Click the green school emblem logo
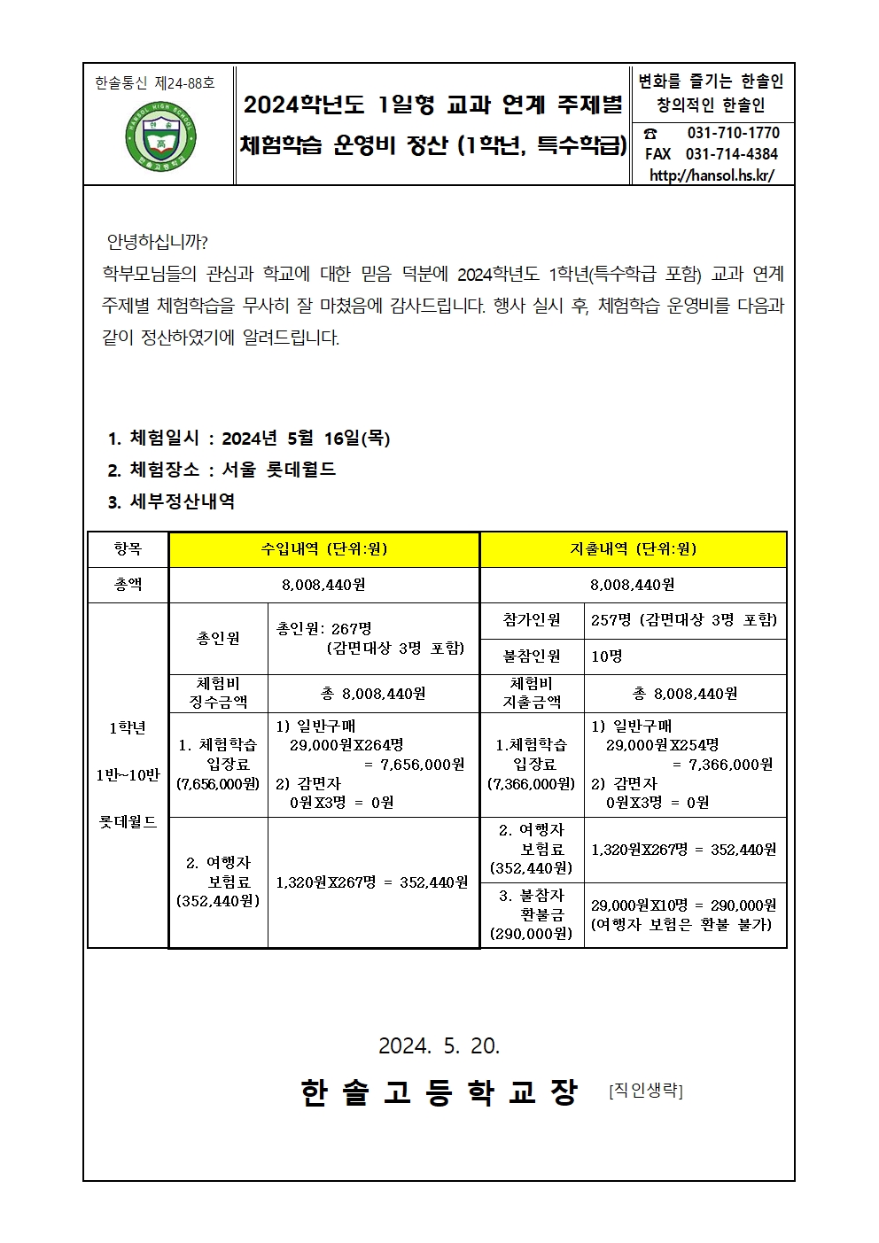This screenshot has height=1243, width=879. coord(160,138)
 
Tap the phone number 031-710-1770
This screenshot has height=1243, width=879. coord(733,133)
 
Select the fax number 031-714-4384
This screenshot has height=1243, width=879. coord(732,154)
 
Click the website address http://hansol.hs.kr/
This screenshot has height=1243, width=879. coord(712,175)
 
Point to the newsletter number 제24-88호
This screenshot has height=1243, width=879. coord(184,83)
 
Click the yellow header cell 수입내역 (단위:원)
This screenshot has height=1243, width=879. coord(323,549)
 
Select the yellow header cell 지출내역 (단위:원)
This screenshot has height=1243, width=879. coord(633,549)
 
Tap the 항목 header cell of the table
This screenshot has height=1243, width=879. coord(128,549)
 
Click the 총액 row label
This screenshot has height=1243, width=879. coord(128,585)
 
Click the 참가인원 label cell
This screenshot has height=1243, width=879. coord(532,620)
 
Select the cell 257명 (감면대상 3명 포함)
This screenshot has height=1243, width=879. coord(683,620)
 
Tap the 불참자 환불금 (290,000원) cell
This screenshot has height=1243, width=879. coord(532,914)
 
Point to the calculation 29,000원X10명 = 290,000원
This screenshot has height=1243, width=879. coord(683,905)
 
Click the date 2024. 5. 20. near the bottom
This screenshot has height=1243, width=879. coord(439,1046)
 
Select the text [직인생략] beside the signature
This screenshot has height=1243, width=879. coord(646,1091)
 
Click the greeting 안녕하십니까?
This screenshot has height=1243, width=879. coord(157,242)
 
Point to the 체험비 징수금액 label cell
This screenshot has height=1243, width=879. coord(218,693)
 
